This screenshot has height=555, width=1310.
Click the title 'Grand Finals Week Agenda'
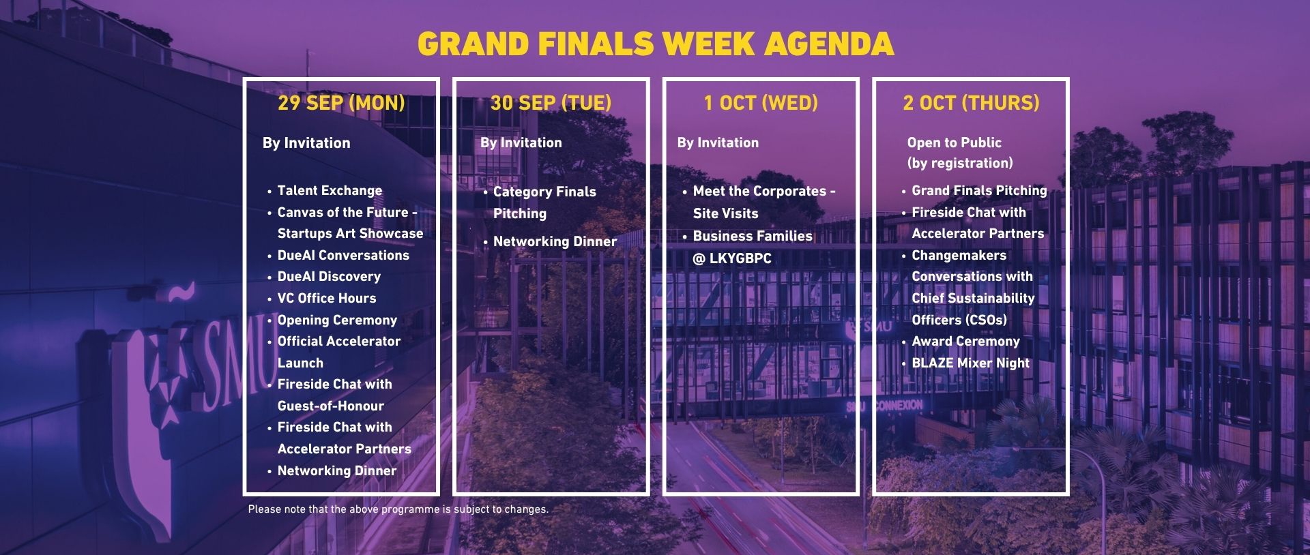tap(656, 44)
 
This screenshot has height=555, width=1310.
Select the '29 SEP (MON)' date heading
tap(341, 103)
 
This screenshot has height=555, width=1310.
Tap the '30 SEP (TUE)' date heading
tap(551, 103)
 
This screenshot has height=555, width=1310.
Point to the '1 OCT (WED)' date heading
tap(761, 103)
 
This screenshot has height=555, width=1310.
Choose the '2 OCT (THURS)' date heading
tap(971, 103)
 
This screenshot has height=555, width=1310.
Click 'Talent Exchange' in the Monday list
tap(330, 191)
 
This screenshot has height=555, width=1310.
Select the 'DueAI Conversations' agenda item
tap(343, 255)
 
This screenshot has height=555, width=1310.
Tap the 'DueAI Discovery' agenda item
tap(329, 276)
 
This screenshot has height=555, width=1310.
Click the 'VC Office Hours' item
tap(327, 298)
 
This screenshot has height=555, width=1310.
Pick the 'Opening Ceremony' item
tap(337, 320)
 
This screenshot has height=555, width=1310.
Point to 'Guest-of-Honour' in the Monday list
tap(331, 406)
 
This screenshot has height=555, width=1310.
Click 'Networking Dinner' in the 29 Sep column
tap(337, 470)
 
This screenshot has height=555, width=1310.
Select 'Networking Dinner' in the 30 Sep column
tap(555, 241)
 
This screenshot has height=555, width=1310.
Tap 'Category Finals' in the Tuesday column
tap(544, 192)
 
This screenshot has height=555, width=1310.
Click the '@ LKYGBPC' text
tap(732, 258)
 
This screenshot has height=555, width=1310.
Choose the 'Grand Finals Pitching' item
tap(979, 191)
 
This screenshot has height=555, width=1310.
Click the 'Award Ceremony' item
tap(965, 341)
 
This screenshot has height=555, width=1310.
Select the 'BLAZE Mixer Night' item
tap(970, 363)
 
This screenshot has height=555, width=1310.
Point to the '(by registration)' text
tap(960, 163)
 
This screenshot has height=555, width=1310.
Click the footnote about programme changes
tap(398, 509)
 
